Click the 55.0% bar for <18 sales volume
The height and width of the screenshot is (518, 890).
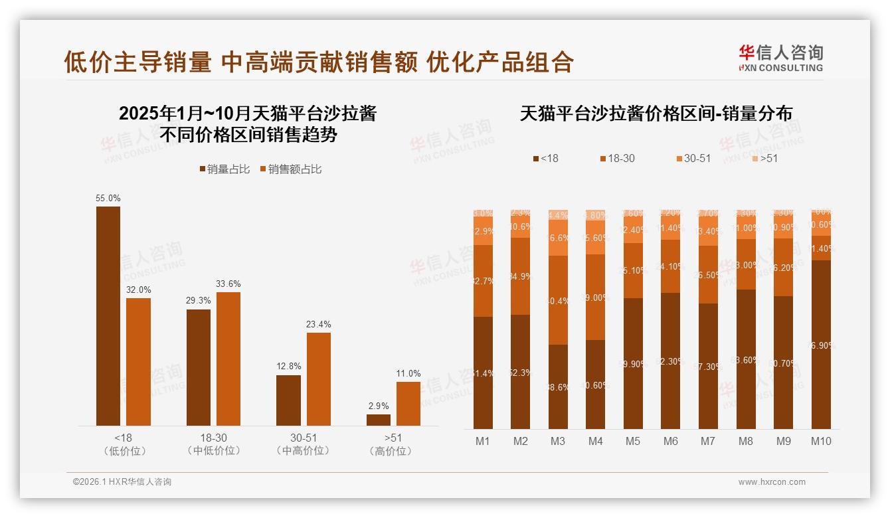108,316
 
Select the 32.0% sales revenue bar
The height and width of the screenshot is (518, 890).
139,362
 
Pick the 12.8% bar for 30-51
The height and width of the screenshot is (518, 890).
288,400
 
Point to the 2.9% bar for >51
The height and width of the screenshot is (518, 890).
379,420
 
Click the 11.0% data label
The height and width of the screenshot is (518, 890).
408,374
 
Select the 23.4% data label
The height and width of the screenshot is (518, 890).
319,325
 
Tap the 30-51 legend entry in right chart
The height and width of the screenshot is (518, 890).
693,159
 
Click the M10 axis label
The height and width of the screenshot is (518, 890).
821,441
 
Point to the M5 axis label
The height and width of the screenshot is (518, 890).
633,441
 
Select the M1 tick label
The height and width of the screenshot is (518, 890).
483,441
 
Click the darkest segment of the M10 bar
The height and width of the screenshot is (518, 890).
821,345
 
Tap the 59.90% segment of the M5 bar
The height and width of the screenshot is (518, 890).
633,363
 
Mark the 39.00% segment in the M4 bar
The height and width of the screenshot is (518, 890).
596,298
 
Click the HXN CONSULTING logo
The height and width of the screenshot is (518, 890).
780,58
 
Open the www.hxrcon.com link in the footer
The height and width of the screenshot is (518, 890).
772,482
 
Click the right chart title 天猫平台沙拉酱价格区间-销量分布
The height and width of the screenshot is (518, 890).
656,114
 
